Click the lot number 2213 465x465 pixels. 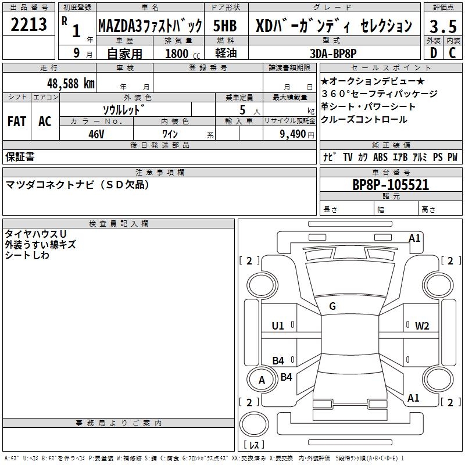28,24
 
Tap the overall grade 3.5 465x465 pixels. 443,26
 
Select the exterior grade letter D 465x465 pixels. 433,53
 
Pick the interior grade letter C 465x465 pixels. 452,53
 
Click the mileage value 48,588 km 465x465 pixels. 71,84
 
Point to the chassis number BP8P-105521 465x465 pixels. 391,185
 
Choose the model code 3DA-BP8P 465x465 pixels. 333,53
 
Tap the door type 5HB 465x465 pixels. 225,26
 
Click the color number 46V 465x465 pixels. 96,134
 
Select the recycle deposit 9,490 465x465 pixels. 293,134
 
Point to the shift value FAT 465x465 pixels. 17,121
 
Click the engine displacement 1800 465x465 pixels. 177,53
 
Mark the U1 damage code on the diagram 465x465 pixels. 278,326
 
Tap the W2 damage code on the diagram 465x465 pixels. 422,326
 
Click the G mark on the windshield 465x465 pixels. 332,306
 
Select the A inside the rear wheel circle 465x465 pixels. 262,380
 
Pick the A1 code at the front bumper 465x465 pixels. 414,238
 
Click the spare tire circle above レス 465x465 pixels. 254,424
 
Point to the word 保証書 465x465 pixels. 20,156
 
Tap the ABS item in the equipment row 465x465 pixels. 380,157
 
